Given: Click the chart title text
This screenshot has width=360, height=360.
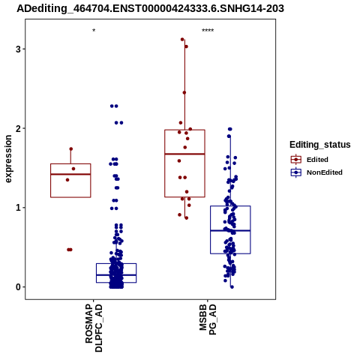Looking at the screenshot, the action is pyautogui.click(x=150, y=9).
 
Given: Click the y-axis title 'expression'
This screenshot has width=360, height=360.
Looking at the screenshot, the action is pyautogui.click(x=8, y=159).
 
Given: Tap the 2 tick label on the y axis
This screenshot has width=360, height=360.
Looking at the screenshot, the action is pyautogui.click(x=18, y=128).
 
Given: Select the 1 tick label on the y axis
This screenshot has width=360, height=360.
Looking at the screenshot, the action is pyautogui.click(x=18, y=208).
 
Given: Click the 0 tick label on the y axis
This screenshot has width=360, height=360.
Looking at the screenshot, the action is pyautogui.click(x=18, y=287).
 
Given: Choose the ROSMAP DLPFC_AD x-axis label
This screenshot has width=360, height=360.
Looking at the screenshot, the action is pyautogui.click(x=94, y=328).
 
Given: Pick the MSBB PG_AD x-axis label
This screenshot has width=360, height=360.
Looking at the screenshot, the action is pyautogui.click(x=208, y=319).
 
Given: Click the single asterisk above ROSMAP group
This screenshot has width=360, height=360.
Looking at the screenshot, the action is pyautogui.click(x=94, y=31).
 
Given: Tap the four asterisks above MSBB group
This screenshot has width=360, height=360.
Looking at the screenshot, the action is pyautogui.click(x=208, y=31).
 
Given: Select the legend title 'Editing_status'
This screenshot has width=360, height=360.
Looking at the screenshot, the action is pyautogui.click(x=320, y=145).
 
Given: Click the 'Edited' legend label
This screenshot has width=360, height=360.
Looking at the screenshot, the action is pyautogui.click(x=317, y=160).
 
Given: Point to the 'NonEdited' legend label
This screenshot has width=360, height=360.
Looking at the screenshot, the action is pyautogui.click(x=325, y=172).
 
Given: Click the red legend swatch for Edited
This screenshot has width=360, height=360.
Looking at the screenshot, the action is pyautogui.click(x=296, y=160).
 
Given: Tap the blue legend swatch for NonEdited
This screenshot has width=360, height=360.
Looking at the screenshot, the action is pyautogui.click(x=296, y=172).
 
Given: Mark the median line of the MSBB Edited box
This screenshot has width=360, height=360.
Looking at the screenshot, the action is pyautogui.click(x=184, y=154).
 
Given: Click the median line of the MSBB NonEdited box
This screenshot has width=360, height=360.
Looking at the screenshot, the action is pyautogui.click(x=230, y=230).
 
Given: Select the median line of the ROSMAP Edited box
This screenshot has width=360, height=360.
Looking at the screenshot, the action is pyautogui.click(x=70, y=174).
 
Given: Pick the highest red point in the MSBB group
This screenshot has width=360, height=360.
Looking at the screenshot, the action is pyautogui.click(x=182, y=40).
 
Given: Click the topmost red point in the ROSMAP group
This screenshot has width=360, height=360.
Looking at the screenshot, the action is pyautogui.click(x=71, y=149).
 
